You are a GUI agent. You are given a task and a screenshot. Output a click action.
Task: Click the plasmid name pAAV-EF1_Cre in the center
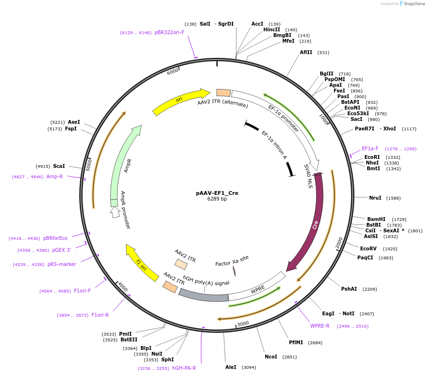[x=217, y=193]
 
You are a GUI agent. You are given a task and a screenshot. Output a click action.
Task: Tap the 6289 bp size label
[x=217, y=199]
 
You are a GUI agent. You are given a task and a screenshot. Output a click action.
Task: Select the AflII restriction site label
[x=306, y=52]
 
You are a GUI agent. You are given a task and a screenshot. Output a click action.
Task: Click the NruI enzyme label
[x=375, y=198]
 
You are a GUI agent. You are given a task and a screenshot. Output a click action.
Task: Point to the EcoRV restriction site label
[x=368, y=248]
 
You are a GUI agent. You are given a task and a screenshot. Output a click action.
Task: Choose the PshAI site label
[x=349, y=289]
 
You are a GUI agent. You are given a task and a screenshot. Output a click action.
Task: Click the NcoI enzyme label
[x=271, y=357]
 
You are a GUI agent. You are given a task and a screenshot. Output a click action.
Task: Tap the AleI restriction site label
[x=231, y=367]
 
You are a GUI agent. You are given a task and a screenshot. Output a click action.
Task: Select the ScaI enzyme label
[x=59, y=166]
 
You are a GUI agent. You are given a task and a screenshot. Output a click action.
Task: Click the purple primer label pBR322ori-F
[x=169, y=32]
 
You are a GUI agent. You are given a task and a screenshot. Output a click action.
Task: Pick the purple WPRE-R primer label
[x=320, y=326]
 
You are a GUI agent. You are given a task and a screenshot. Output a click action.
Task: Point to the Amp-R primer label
[x=55, y=176]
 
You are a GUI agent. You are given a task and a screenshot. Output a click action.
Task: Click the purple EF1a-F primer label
[x=370, y=148]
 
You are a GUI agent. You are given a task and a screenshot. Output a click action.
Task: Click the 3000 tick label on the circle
[x=243, y=323]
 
